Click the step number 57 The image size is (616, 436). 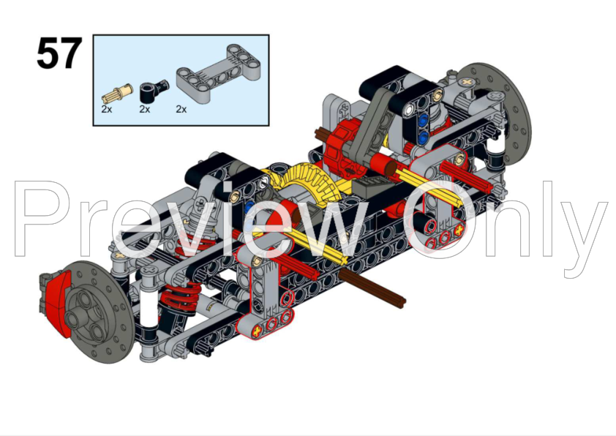59,53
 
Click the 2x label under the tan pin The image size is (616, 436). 107,109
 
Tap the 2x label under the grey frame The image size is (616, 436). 181,109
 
